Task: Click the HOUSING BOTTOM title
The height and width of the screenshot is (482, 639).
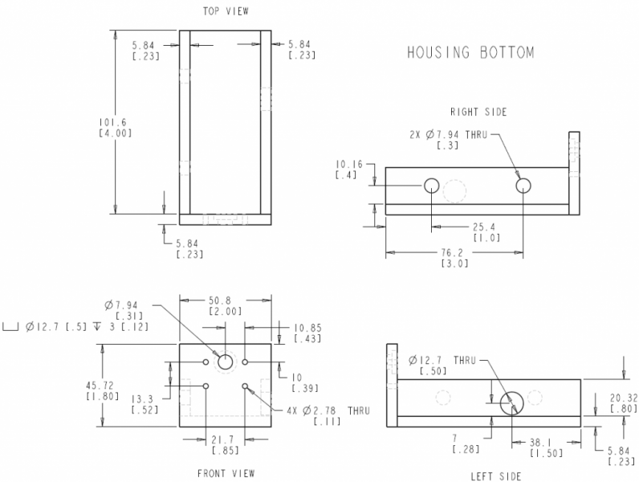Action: (x=470, y=52)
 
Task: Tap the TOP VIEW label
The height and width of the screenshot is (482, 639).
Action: (x=226, y=11)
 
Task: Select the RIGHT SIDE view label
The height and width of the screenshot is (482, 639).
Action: (x=478, y=112)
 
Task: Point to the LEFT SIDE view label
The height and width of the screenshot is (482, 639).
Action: (x=496, y=476)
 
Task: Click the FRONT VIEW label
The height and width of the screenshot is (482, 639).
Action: (x=226, y=473)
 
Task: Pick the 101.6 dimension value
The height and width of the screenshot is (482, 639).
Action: (x=113, y=122)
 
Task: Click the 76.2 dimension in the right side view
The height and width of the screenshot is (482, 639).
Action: (x=452, y=253)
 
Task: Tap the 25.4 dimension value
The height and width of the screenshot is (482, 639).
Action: (x=484, y=227)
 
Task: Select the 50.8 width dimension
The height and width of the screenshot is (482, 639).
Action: (x=220, y=300)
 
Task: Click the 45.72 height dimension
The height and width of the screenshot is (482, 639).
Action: (x=100, y=386)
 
